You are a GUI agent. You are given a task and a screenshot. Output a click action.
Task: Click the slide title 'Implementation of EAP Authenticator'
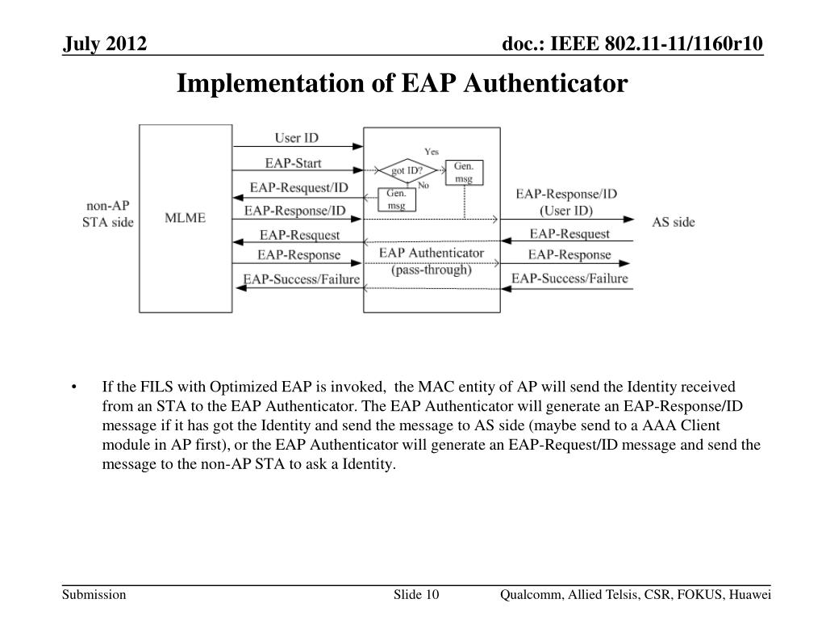click(402, 82)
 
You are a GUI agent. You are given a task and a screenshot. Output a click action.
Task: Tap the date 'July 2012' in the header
click(106, 44)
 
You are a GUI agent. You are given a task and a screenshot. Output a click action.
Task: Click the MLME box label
click(186, 217)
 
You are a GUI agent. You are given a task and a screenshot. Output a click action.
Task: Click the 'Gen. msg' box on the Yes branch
click(464, 172)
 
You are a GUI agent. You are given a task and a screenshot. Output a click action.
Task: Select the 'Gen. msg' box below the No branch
click(396, 199)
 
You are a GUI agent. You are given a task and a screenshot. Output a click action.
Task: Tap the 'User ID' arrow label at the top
click(296, 138)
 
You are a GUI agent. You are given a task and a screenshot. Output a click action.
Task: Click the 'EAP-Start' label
click(293, 163)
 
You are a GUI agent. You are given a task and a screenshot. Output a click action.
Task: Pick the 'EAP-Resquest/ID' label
click(298, 187)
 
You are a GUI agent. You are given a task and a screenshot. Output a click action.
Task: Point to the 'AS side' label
click(673, 221)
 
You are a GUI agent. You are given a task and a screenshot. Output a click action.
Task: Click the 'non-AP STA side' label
click(108, 213)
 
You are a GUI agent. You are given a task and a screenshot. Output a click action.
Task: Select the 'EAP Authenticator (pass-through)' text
click(432, 261)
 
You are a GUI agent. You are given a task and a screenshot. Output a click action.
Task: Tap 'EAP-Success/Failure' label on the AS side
click(569, 279)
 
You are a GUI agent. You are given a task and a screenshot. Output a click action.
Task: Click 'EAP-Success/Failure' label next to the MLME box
click(302, 279)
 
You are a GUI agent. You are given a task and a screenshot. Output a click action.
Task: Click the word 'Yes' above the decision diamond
click(432, 152)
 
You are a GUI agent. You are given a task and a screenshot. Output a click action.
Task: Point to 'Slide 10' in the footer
click(416, 595)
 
